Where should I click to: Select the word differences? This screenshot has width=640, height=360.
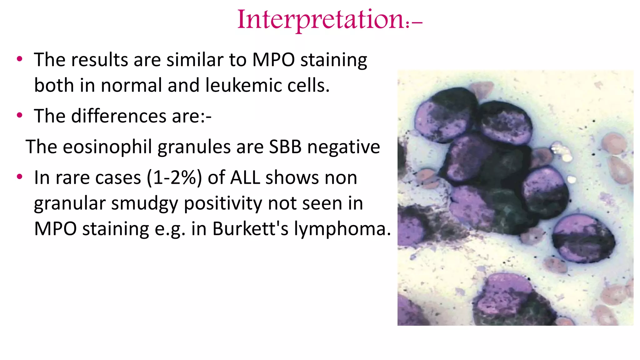118,116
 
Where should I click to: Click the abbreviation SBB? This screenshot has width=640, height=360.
285,147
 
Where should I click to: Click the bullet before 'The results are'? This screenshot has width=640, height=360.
20,59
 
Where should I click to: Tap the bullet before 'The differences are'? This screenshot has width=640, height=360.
20,116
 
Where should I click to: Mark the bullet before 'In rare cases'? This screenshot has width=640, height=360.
20,177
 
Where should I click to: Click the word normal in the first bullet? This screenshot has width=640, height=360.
131,85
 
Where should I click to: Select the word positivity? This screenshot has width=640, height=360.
223,203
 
